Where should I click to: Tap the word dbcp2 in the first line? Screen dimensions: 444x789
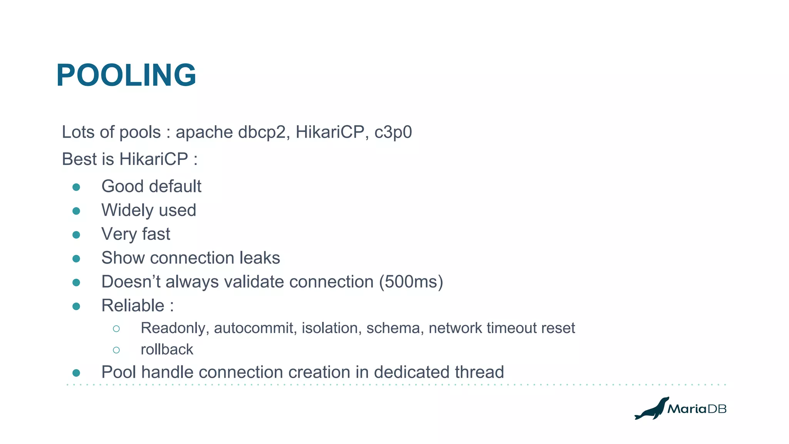click(x=262, y=132)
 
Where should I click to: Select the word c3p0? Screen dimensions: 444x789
click(x=393, y=132)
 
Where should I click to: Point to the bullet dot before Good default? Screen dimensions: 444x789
click(x=76, y=187)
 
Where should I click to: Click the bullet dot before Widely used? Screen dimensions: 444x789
click(x=76, y=211)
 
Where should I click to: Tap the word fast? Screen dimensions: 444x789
click(x=156, y=234)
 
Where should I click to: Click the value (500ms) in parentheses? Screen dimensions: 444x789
click(x=411, y=282)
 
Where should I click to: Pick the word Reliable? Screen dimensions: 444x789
click(x=133, y=306)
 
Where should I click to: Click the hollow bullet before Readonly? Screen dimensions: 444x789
click(x=116, y=329)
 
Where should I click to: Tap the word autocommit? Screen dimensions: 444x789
click(x=255, y=328)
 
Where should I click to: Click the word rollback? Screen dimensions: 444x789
click(x=167, y=350)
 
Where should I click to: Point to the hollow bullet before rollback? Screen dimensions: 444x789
click(x=116, y=350)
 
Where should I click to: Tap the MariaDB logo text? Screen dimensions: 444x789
click(x=697, y=409)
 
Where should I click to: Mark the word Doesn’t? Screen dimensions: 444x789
click(x=131, y=282)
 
